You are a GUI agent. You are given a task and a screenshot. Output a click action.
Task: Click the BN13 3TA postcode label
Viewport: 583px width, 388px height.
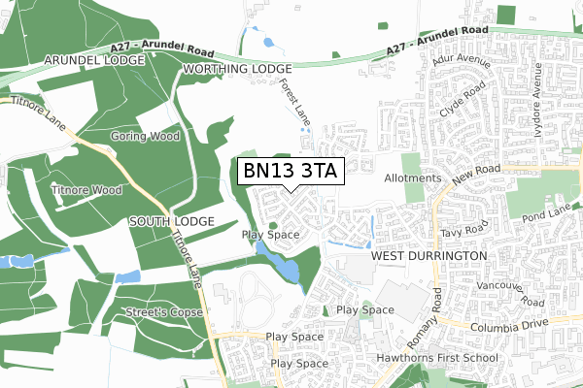point(290,172)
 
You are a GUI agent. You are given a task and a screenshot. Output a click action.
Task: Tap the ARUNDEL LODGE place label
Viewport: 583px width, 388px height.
point(92,60)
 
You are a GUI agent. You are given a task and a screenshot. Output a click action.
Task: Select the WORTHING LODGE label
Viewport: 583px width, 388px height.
point(237,70)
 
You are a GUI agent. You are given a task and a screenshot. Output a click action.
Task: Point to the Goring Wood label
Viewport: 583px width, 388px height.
point(146,137)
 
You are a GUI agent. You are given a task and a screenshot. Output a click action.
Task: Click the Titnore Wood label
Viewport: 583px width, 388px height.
point(86,190)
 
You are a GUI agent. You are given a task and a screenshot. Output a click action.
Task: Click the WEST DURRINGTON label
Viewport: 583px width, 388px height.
point(429,255)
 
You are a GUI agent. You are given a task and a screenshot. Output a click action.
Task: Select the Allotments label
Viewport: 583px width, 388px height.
point(413,178)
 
